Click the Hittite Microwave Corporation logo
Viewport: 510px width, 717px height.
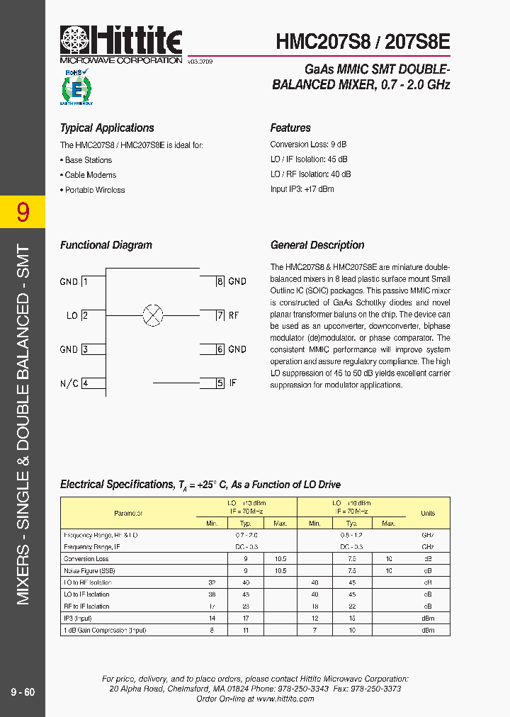point(121,45)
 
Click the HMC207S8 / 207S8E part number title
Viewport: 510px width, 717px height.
point(363,42)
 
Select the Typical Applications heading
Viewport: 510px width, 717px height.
point(107,128)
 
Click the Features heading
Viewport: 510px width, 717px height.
point(290,128)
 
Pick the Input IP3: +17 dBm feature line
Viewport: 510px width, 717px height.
point(302,189)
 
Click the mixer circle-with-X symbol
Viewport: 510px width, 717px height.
point(153,315)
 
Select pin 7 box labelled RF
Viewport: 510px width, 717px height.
point(220,315)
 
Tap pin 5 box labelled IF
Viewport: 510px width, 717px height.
point(220,383)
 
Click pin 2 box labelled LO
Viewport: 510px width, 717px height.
point(85,315)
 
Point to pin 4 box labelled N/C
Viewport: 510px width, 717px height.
point(85,383)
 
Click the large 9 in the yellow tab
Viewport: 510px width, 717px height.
point(23,212)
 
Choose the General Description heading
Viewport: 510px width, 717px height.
point(317,245)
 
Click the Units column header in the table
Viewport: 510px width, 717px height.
point(428,513)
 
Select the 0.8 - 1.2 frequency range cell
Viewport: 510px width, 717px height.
point(351,536)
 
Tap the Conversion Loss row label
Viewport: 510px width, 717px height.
point(86,559)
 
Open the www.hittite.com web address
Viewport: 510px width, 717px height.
point(285,699)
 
